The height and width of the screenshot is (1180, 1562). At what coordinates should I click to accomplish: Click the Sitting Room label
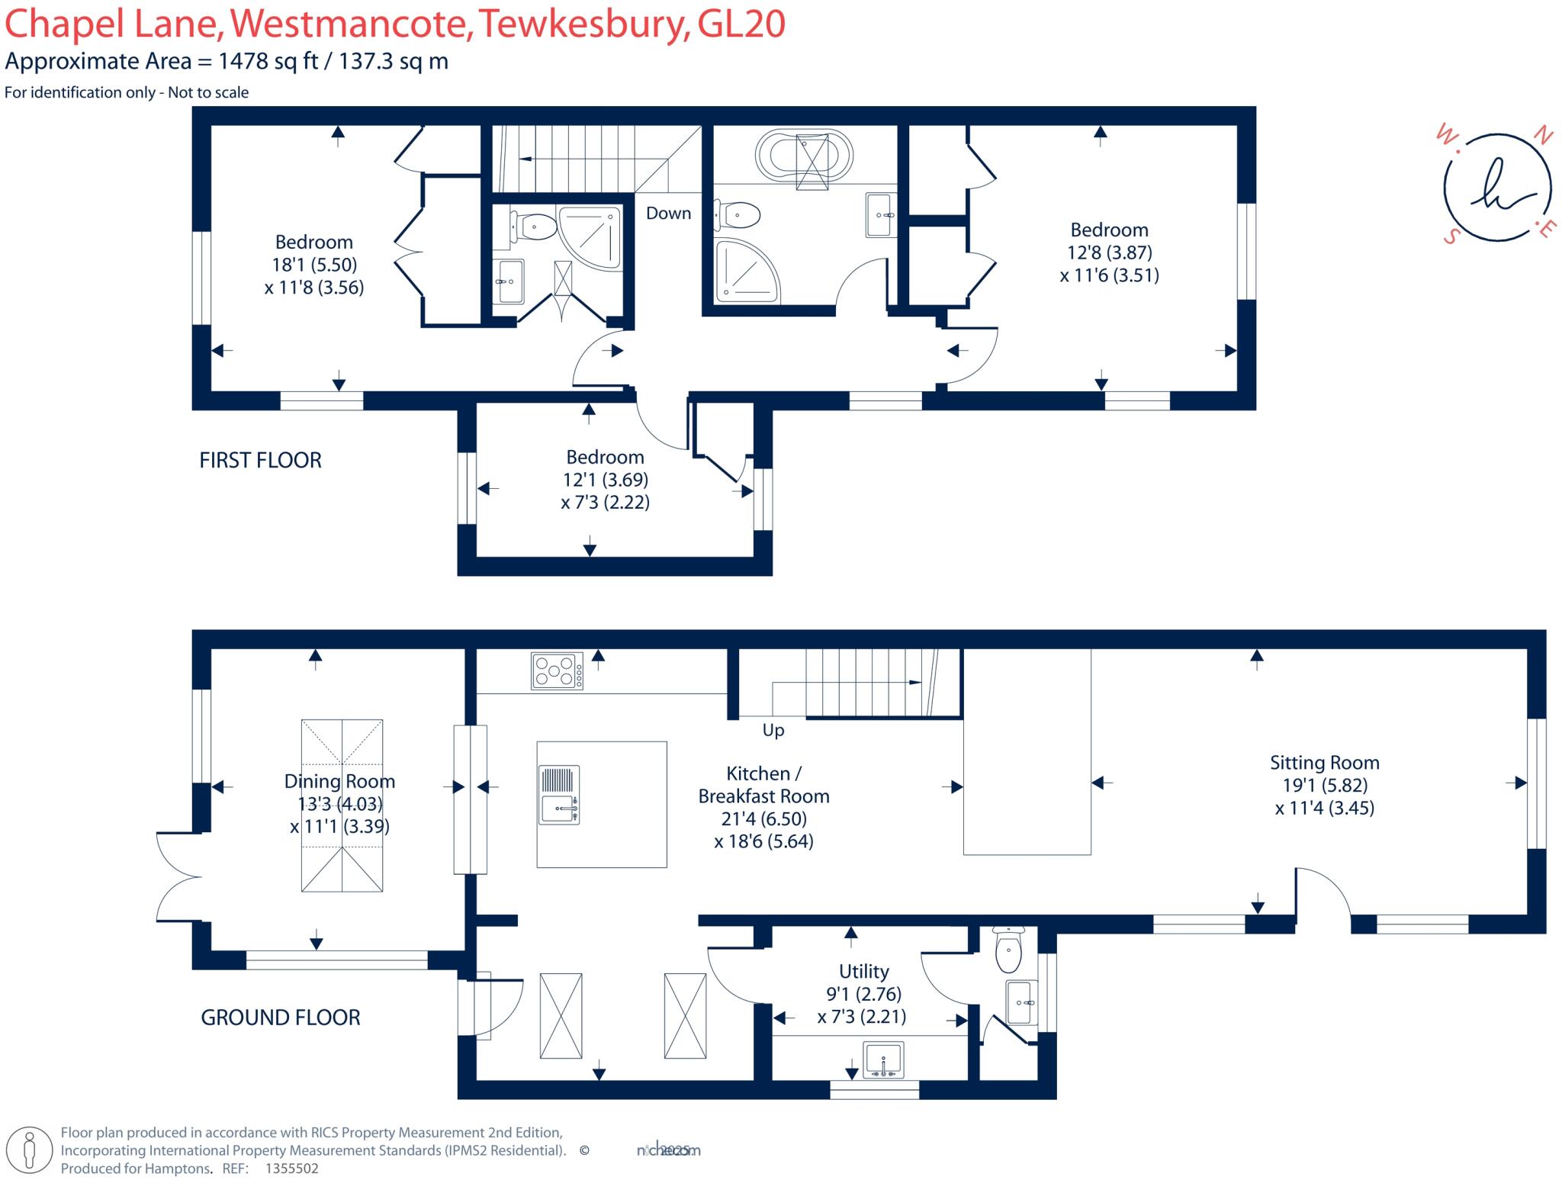click(1324, 762)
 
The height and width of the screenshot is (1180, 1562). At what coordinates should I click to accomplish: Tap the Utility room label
click(863, 971)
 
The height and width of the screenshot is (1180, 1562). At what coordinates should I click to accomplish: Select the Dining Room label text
click(339, 781)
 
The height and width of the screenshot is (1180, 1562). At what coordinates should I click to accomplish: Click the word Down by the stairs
click(668, 214)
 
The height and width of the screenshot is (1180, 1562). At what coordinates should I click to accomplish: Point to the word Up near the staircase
click(773, 730)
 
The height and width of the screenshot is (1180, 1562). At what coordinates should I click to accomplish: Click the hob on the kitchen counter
click(557, 671)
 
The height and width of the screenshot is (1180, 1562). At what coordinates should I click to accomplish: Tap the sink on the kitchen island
click(559, 796)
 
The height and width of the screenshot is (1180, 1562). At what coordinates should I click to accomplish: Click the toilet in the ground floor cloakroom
click(1008, 951)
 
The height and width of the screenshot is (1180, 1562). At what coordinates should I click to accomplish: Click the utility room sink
click(882, 1061)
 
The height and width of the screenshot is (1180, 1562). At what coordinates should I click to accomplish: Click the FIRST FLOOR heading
click(260, 460)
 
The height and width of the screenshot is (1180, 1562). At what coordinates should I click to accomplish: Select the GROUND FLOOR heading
click(280, 1017)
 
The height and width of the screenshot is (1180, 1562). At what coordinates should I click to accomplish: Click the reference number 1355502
click(291, 1169)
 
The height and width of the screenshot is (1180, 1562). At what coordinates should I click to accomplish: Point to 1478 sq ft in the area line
click(268, 62)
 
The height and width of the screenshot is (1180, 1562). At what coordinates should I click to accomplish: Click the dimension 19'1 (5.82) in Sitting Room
click(1324, 785)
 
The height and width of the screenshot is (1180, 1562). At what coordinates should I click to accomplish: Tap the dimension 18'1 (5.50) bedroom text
click(314, 265)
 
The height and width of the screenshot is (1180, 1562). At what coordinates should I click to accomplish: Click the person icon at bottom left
click(31, 1150)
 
